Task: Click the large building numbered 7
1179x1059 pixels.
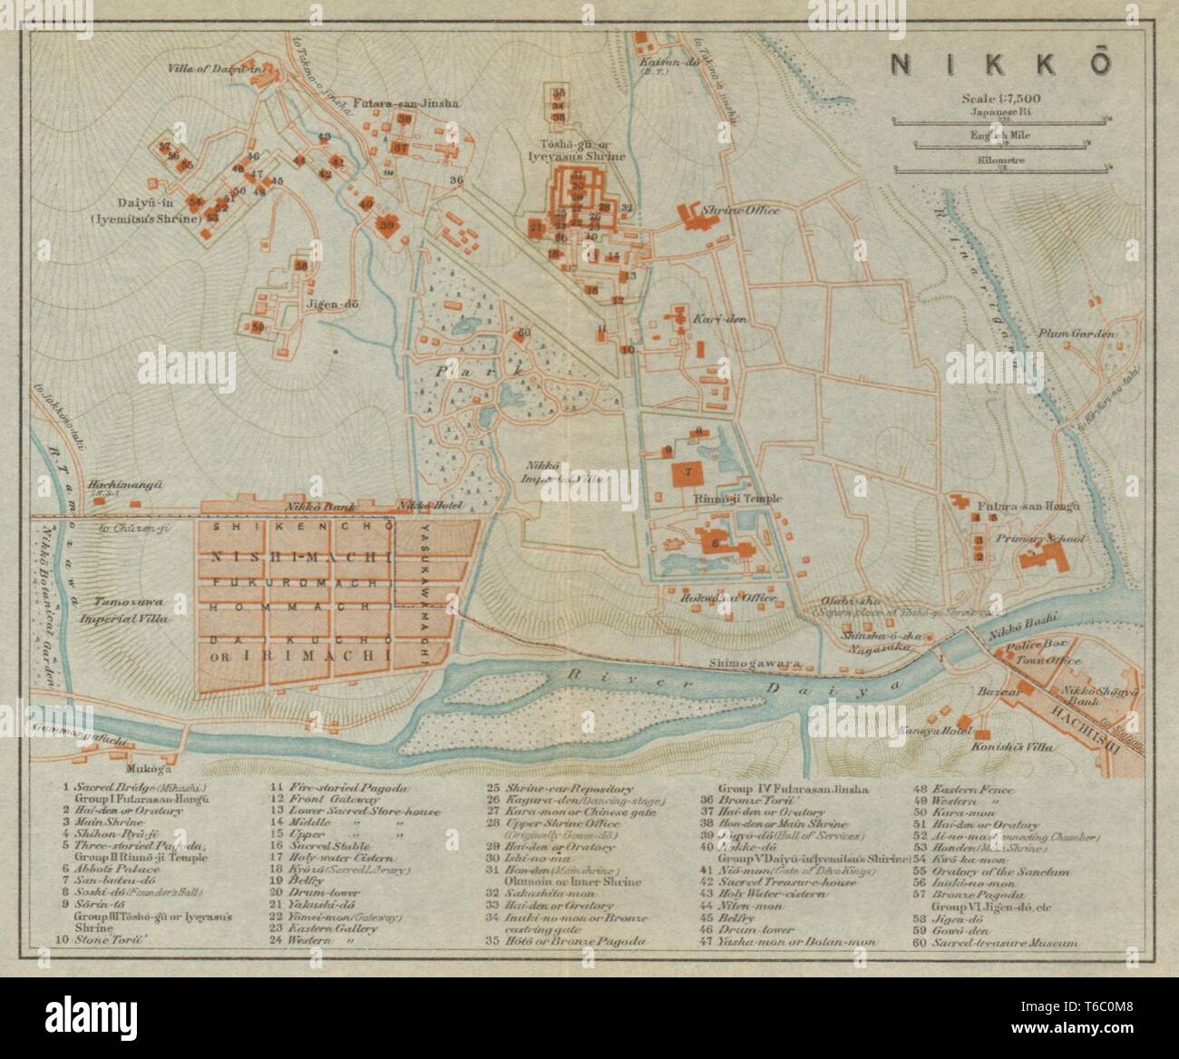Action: [688, 472]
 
